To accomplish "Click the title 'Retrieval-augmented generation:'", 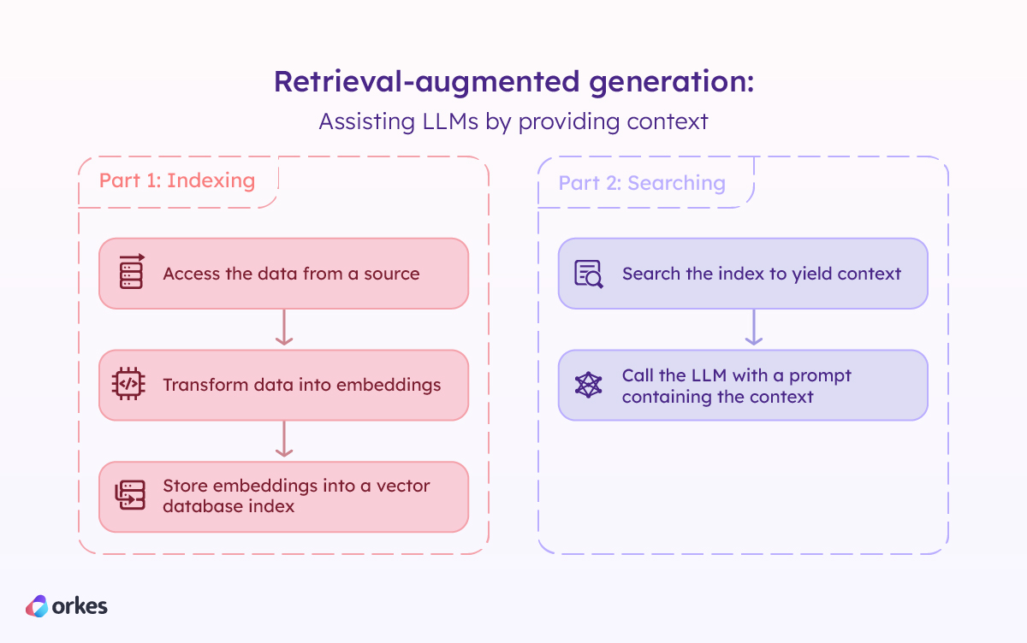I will [x=513, y=83].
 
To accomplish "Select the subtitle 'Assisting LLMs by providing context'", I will [x=513, y=121].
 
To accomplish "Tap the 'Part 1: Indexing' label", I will [x=177, y=181].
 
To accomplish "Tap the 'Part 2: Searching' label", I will [x=642, y=183].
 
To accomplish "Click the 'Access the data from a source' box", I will [x=283, y=274].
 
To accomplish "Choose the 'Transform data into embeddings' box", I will [x=283, y=385].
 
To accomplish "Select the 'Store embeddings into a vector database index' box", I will [x=283, y=496].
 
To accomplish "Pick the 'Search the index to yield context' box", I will [x=743, y=274].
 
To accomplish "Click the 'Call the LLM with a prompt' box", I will [x=743, y=385].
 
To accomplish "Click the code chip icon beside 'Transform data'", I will [x=129, y=385].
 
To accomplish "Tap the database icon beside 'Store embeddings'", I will [x=130, y=496].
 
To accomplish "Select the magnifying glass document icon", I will [x=589, y=274].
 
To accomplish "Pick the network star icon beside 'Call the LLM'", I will [x=589, y=385].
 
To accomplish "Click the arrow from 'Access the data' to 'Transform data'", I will [x=284, y=328].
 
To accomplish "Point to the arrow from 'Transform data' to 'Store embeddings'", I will [x=284, y=439].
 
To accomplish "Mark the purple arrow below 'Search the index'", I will [x=753, y=328].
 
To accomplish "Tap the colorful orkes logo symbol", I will [x=37, y=606].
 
